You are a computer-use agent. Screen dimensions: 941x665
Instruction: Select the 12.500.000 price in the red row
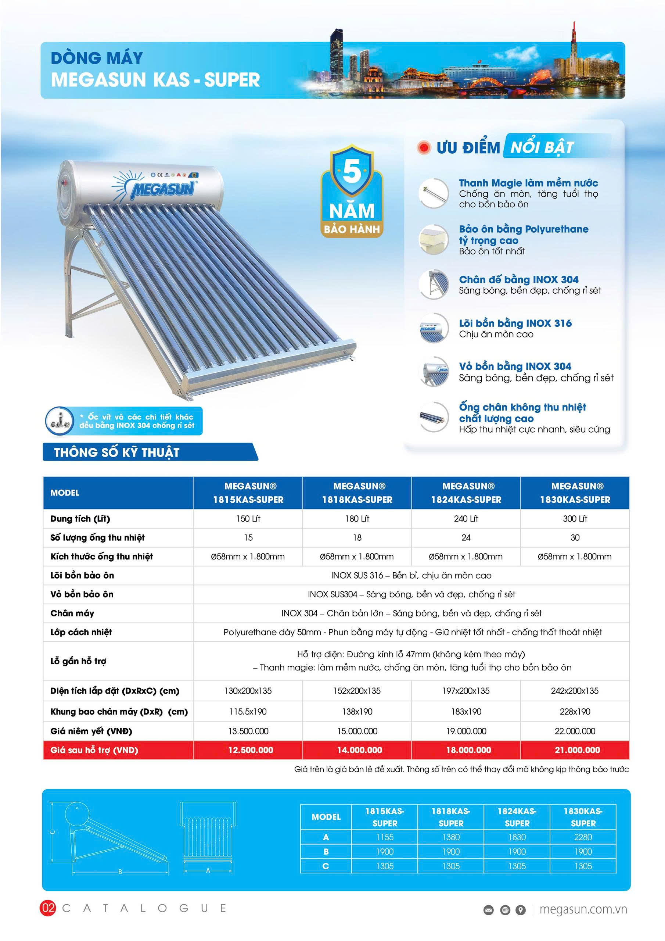pos(250,750)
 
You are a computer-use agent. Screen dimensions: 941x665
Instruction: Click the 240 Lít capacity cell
pos(466,518)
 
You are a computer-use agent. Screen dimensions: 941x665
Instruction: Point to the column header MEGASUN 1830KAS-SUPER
pos(575,493)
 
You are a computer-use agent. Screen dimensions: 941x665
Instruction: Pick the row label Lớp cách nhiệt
pos(81,632)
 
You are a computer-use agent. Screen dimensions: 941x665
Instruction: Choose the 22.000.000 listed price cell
pos(575,731)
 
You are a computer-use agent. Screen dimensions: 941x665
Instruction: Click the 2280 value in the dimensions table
pos(583,837)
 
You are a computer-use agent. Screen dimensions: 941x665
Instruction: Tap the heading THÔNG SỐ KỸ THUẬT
pos(117,452)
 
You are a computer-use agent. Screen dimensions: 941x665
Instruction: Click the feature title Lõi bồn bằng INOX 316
pos(515,323)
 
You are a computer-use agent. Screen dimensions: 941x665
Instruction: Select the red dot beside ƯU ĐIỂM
pos(424,147)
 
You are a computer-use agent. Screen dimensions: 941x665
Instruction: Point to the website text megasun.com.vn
pos(583,909)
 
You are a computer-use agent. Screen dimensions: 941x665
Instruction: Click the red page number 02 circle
pos(48,908)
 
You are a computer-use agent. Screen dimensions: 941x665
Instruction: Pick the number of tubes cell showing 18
pos(357,537)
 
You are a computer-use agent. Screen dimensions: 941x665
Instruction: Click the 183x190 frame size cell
pos(466,712)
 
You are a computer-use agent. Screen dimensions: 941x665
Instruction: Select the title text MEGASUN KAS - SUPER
pos(156,80)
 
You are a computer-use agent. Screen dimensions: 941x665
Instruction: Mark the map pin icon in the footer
pos(520,910)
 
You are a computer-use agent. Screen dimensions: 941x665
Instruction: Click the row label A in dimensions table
pos(326,837)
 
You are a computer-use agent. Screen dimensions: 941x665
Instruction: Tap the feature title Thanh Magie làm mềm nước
pos(528,183)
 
